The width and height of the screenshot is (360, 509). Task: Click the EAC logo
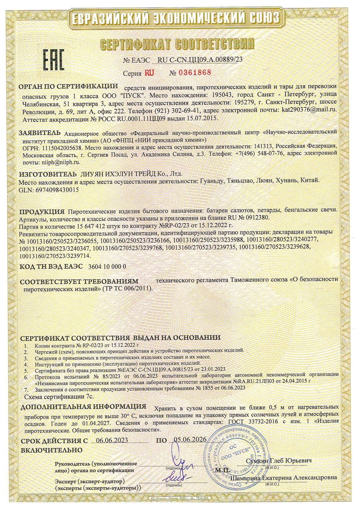point(53,60)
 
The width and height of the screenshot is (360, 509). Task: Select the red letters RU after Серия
point(149,73)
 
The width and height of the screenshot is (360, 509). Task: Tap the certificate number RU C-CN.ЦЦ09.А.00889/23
point(199,60)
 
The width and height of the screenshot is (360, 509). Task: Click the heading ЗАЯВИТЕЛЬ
point(40,133)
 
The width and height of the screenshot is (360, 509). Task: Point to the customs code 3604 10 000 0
point(107,266)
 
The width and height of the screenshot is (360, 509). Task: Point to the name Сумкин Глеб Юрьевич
point(279,461)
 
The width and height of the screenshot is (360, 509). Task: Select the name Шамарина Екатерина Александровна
point(283,478)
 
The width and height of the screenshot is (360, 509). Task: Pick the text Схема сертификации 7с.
point(58,396)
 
